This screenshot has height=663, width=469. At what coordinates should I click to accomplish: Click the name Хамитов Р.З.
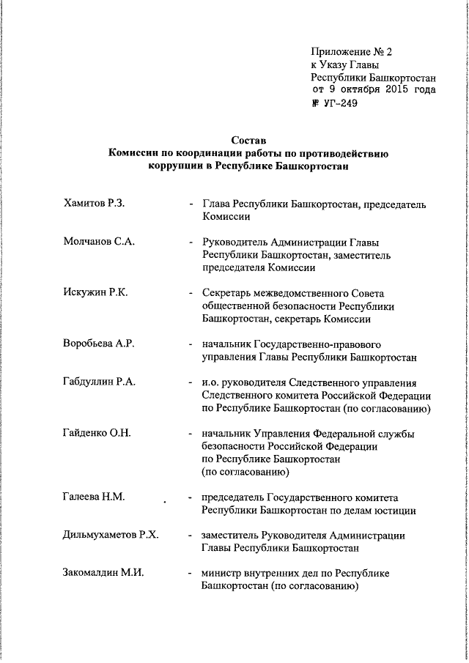(x=95, y=203)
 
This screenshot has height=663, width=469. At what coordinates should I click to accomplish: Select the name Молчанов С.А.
(x=99, y=242)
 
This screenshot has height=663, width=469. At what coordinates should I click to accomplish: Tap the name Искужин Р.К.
(x=95, y=293)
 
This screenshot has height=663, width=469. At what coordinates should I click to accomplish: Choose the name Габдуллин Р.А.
(x=100, y=382)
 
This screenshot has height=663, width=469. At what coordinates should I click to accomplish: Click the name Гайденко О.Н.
(x=97, y=432)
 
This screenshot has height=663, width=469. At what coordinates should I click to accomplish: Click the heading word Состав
(x=248, y=140)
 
